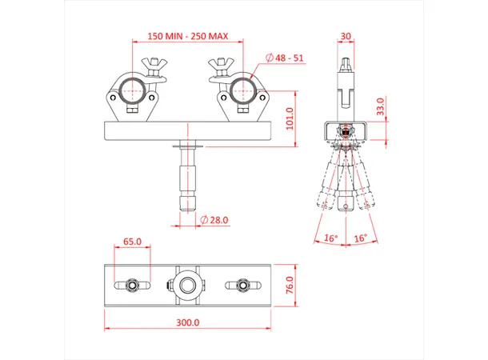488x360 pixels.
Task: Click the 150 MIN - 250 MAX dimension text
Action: [x=190, y=35]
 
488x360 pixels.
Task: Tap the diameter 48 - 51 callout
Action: [x=286, y=58]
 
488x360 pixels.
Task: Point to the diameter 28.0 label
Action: [x=215, y=219]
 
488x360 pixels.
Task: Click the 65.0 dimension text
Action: [x=132, y=241]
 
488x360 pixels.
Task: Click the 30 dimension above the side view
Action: [x=345, y=35]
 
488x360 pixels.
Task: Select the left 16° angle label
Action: [x=330, y=238]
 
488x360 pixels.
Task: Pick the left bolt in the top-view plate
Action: [x=133, y=285]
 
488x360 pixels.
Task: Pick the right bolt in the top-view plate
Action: [x=242, y=285]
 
